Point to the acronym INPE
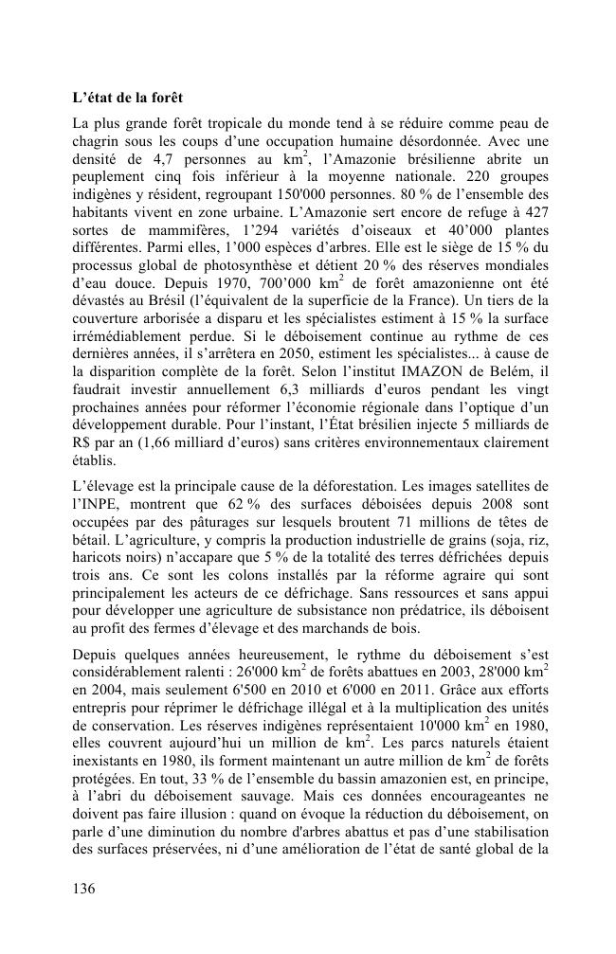(99, 506)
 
